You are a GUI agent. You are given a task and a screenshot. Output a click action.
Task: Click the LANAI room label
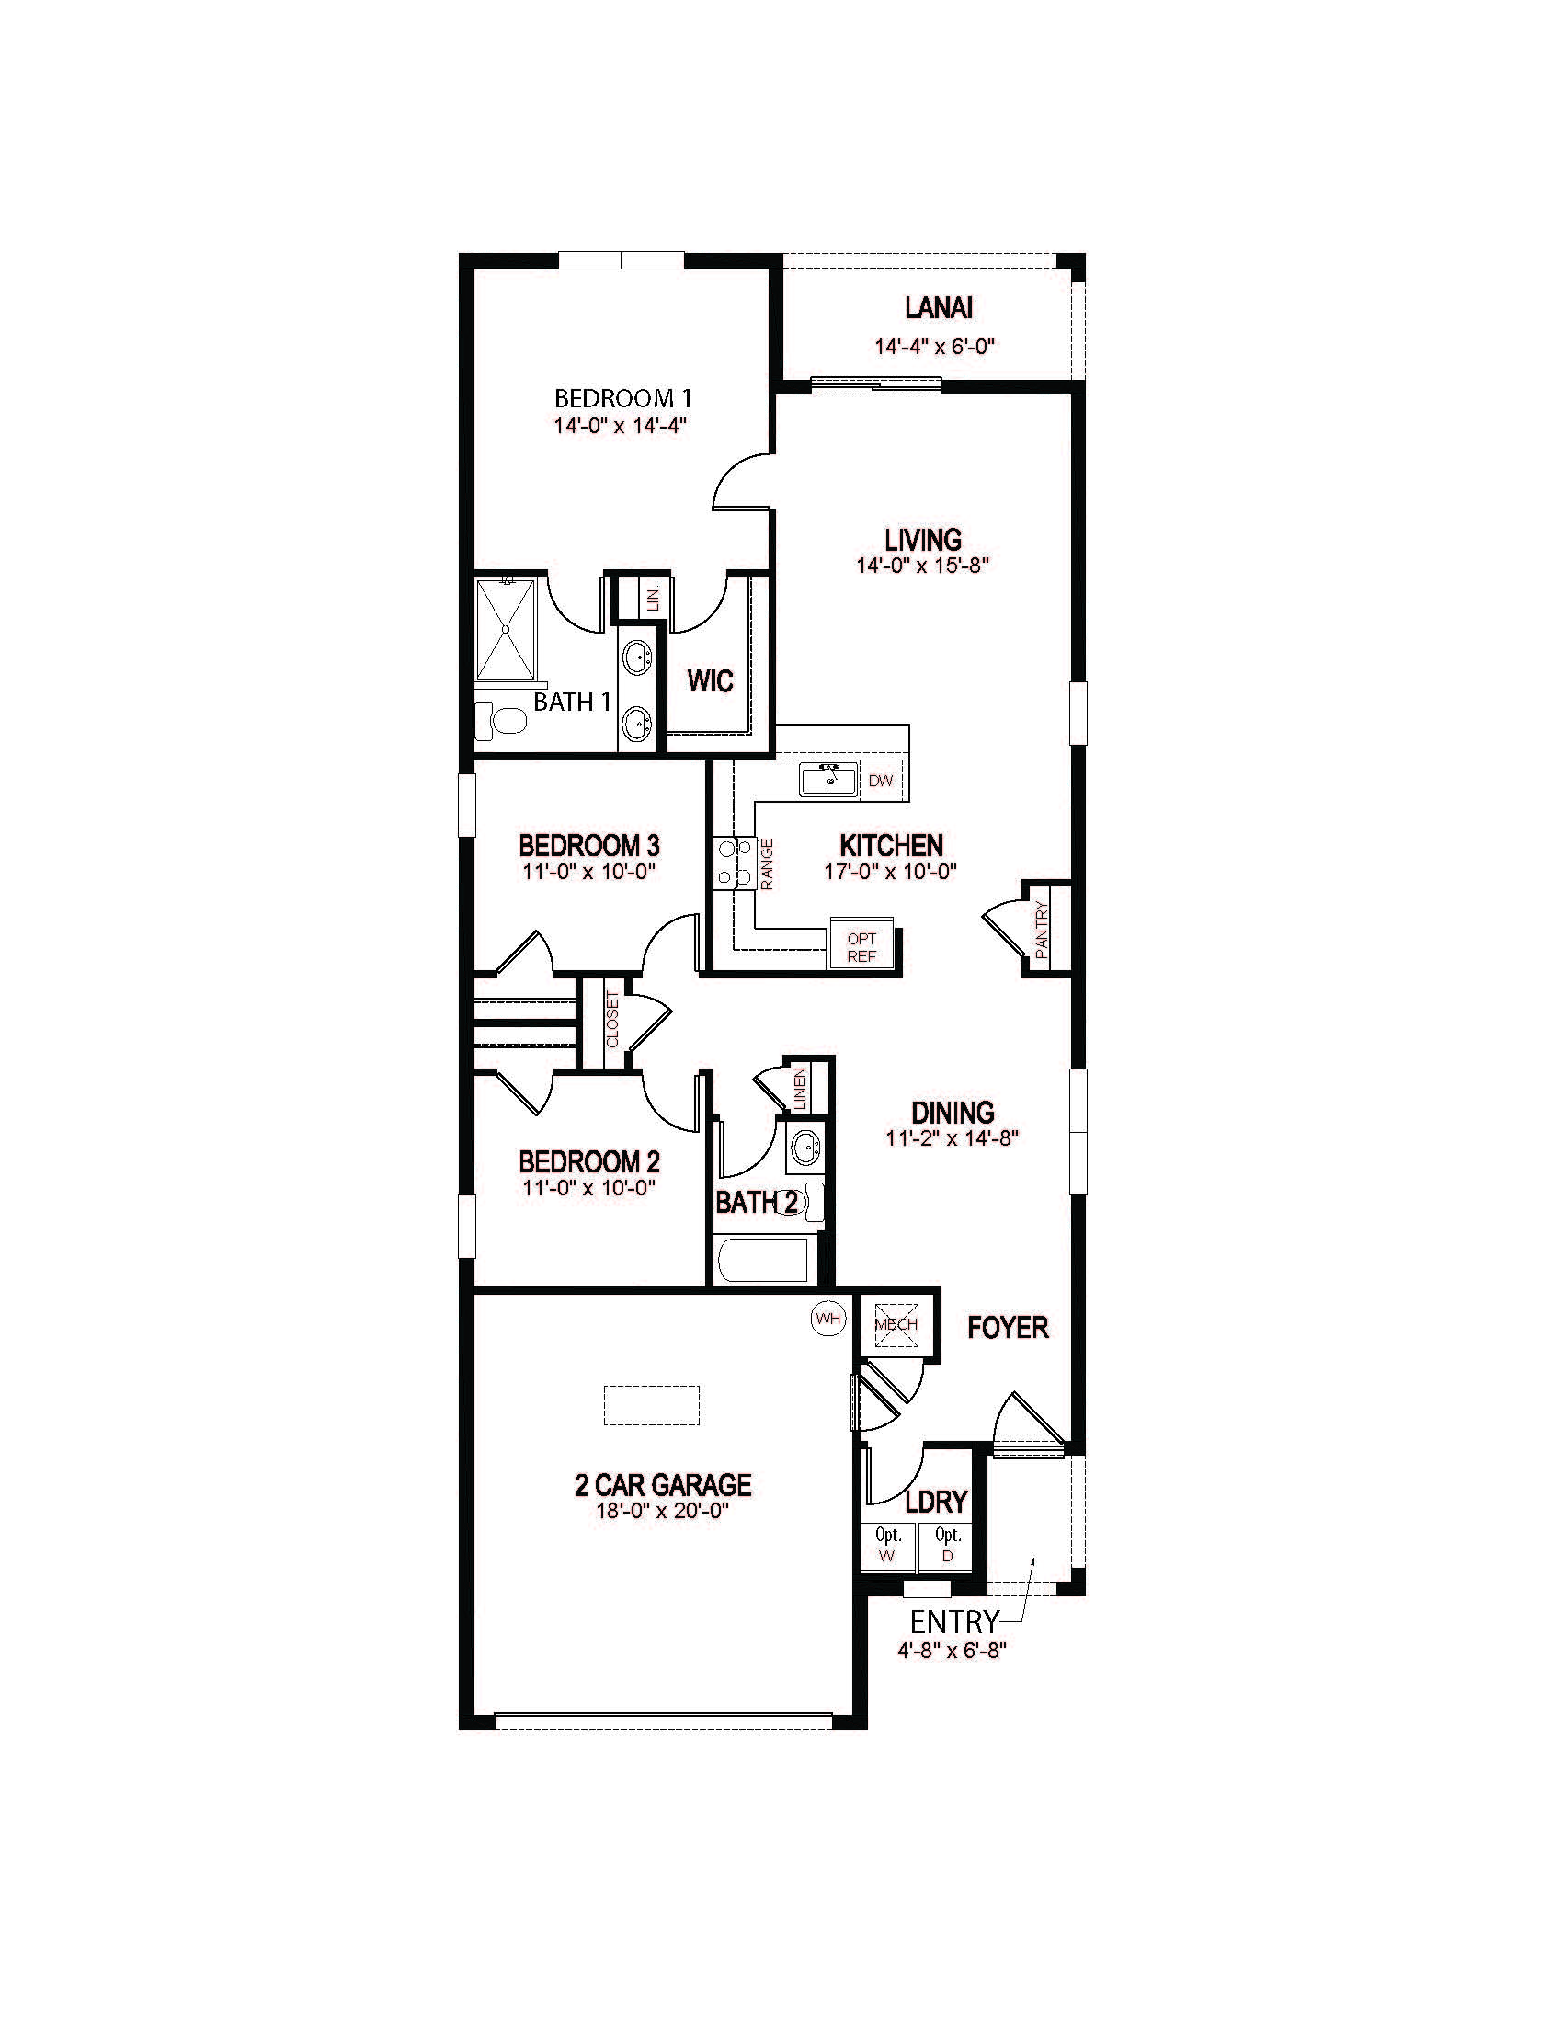[x=938, y=307]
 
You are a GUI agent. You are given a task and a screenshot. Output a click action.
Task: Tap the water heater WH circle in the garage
[x=827, y=1318]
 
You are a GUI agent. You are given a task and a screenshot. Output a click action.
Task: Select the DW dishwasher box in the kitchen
[x=881, y=781]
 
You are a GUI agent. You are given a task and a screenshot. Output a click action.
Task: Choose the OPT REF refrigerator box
[x=861, y=946]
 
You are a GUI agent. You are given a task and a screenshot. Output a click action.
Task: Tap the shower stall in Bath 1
[x=506, y=630]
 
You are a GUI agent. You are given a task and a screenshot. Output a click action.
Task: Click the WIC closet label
[x=710, y=681]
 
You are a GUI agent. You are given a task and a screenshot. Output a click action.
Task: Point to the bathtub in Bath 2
[x=765, y=1260]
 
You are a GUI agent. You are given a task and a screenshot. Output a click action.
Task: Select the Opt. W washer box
[x=887, y=1547]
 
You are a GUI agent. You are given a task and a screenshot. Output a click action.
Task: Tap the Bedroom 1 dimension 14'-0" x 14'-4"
[x=620, y=426]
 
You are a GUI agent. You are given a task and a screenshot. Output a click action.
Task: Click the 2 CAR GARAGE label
[x=663, y=1486]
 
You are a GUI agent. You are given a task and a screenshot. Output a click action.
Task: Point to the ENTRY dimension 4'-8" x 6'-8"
[x=952, y=1650]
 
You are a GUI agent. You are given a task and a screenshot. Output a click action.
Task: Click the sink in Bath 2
[x=804, y=1149]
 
